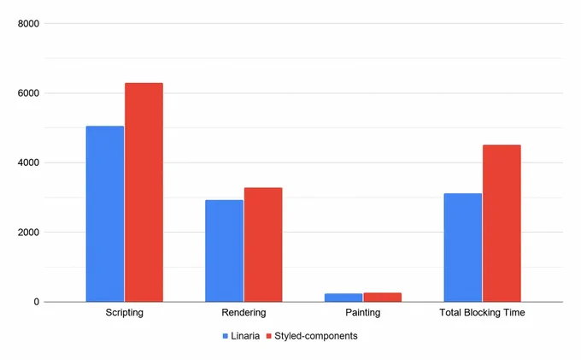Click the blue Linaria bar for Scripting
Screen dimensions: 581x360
(105, 214)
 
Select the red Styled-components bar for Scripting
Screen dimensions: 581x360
(144, 192)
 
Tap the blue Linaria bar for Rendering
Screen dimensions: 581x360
(224, 251)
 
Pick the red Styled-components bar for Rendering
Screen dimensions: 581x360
(263, 245)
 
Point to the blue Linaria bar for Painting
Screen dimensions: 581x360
(343, 298)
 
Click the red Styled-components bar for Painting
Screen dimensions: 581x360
(383, 298)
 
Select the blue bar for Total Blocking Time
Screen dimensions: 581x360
(463, 248)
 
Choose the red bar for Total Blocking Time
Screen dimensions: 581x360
(502, 223)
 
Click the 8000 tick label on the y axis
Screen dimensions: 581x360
(28, 24)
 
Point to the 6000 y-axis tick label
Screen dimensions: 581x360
(28, 93)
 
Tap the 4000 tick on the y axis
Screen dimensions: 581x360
(28, 162)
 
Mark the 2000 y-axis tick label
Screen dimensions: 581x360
(28, 233)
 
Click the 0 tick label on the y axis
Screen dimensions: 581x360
(36, 302)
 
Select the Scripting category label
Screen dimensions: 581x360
(125, 313)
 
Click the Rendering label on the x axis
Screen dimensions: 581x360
(244, 313)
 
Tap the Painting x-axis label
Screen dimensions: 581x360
(363, 313)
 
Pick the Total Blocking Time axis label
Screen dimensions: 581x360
(482, 313)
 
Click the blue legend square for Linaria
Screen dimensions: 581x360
(226, 336)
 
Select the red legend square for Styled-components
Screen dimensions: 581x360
(269, 336)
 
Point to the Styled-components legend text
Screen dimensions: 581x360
(316, 336)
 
